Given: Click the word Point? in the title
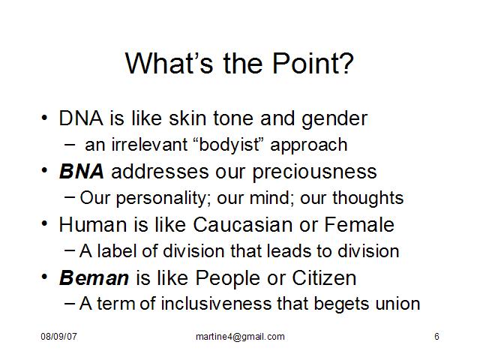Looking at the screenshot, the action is click(313, 63).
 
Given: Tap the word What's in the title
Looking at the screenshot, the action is click(169, 63).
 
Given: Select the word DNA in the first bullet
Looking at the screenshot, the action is click(81, 118).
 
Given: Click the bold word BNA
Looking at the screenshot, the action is click(82, 172).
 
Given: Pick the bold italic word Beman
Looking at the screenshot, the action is click(94, 278).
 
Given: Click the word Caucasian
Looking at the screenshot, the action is click(243, 225).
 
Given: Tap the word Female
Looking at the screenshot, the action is click(359, 225).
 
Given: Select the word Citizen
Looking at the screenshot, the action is click(324, 278).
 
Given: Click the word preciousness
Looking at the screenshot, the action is click(315, 172).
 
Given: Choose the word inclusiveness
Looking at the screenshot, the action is click(216, 304).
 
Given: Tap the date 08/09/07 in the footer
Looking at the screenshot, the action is click(58, 337).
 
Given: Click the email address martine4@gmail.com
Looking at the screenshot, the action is click(240, 337).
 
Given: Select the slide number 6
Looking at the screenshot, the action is click(436, 337).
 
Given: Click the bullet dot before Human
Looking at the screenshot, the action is click(44, 223).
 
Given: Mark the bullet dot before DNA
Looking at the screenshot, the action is click(44, 118).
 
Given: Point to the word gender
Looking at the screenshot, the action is click(334, 119).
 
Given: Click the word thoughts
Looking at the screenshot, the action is click(368, 198).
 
